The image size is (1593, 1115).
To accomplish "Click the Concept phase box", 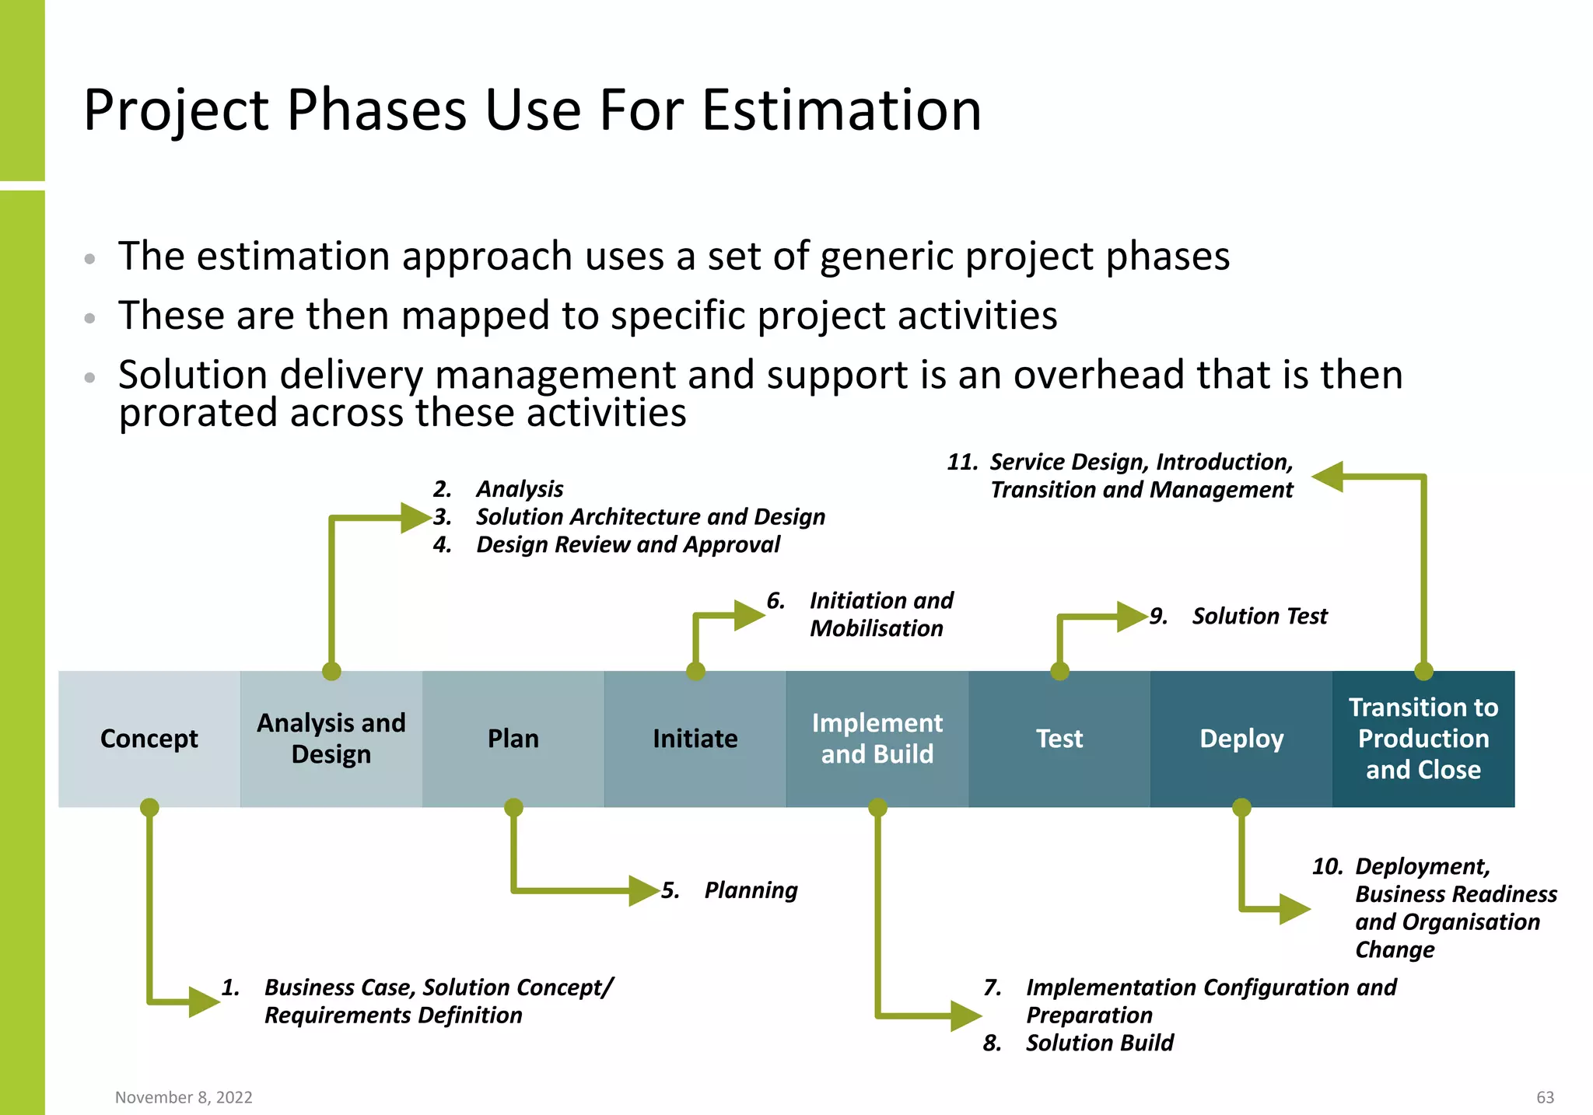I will tap(149, 739).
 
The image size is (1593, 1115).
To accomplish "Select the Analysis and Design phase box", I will tap(331, 739).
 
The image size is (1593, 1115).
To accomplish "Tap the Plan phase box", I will tap(513, 739).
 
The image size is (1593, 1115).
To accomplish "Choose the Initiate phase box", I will tap(695, 739).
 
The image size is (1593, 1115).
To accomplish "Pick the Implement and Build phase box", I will tap(877, 739).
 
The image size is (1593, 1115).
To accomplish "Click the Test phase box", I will tap(1059, 739).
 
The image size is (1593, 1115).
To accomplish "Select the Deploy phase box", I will tap(1241, 739).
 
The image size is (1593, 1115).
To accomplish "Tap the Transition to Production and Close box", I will tap(1423, 739).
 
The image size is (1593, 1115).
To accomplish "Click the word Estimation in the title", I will tap(842, 110).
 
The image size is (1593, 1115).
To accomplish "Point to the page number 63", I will tap(1545, 1097).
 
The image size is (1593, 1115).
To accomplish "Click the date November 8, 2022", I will tap(184, 1097).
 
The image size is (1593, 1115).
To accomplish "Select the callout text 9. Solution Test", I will tap(1238, 617).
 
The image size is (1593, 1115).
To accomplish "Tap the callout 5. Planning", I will tap(730, 890).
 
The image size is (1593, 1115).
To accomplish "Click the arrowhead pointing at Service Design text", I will tap(1328, 477).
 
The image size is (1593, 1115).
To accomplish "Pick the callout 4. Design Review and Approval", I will tap(607, 545).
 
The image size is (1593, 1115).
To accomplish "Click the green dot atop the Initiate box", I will tap(696, 672).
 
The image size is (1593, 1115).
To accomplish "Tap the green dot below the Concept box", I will tap(149, 808).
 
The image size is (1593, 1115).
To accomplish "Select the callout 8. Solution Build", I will tap(1078, 1043).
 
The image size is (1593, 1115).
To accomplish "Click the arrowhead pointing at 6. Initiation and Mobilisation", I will tap(750, 615).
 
